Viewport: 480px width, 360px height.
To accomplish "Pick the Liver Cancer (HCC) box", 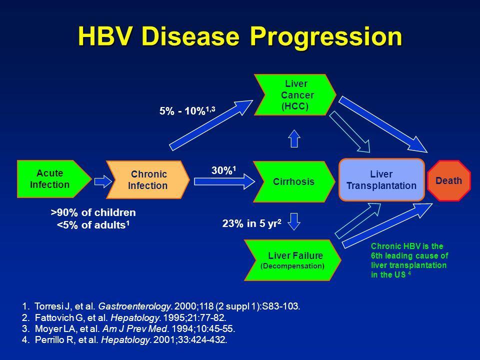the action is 295,94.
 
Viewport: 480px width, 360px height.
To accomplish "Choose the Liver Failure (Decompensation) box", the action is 292,260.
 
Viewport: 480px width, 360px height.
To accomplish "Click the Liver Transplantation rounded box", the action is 381,179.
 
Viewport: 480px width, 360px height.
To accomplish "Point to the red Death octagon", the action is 449,180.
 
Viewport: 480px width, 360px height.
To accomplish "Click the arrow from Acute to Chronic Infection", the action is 103,181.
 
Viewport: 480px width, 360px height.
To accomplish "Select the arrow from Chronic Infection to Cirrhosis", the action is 224,182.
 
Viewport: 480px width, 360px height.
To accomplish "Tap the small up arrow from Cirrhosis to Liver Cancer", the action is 294,138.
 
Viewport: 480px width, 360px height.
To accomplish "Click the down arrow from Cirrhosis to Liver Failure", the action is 294,221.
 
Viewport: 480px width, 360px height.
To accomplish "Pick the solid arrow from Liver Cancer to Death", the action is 383,124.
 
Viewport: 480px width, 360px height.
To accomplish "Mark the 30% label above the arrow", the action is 224,170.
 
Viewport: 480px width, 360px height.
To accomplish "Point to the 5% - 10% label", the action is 187,110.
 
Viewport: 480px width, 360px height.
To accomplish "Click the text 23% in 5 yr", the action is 251,223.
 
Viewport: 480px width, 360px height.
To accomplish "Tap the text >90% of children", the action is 93,212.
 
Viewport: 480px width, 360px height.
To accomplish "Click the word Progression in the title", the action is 326,36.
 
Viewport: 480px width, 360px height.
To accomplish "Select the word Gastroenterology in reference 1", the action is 134,306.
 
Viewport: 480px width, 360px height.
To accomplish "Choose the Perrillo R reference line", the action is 124,339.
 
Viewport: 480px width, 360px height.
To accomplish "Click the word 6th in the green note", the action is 377,255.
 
